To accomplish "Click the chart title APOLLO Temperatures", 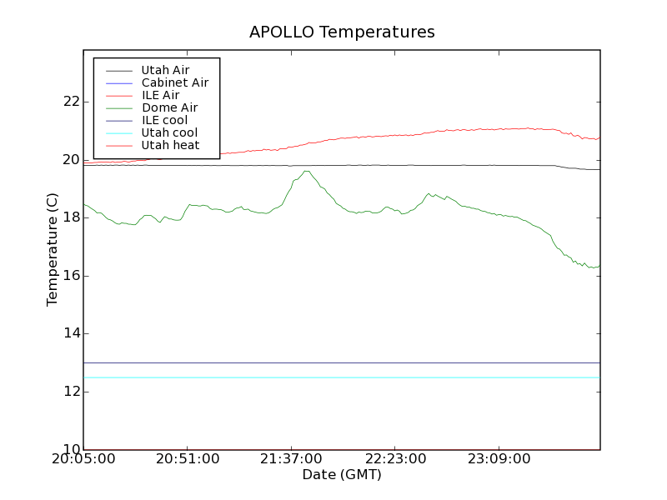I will click(342, 32).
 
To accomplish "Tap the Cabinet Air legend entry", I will click(174, 82).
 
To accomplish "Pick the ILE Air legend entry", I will click(160, 95).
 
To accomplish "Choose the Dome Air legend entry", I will click(169, 107).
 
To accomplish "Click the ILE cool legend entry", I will click(164, 120).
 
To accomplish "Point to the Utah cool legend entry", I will click(169, 132).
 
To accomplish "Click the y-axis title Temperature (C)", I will click(53, 249).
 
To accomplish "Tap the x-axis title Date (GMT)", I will click(342, 475).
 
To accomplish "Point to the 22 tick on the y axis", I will click(71, 102).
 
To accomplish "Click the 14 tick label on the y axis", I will click(71, 333).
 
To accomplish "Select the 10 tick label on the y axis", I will click(71, 449).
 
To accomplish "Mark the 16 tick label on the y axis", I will click(71, 276).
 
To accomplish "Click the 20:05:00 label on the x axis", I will click(83, 459).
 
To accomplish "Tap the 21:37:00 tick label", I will click(290, 459).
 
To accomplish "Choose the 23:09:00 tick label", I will click(497, 459).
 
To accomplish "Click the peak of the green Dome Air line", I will click(307, 171).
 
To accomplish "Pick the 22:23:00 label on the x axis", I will click(394, 459).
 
